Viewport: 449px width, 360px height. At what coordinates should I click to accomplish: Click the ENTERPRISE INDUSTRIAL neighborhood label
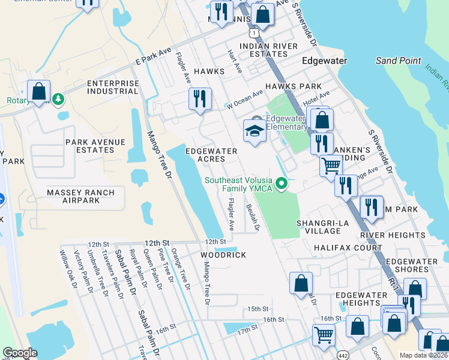pyautogui.click(x=112, y=87)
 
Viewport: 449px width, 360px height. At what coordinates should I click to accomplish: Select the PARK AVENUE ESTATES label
pyautogui.click(x=95, y=146)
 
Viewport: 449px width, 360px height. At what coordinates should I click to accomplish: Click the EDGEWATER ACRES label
pyautogui.click(x=213, y=155)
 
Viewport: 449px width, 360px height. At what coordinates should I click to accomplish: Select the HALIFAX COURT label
pyautogui.click(x=348, y=248)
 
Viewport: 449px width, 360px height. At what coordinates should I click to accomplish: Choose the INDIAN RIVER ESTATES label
pyautogui.click(x=268, y=50)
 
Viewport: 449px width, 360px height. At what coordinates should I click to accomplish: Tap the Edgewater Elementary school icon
pyautogui.click(x=255, y=131)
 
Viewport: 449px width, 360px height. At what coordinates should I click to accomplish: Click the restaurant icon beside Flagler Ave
pyautogui.click(x=200, y=100)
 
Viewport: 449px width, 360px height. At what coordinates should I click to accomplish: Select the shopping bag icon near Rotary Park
pyautogui.click(x=38, y=92)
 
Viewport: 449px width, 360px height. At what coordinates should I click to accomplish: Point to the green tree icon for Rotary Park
pyautogui.click(x=58, y=98)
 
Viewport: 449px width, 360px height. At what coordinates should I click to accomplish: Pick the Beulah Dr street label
pyautogui.click(x=252, y=217)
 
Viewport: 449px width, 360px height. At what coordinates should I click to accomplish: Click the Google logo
pyautogui.click(x=20, y=353)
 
